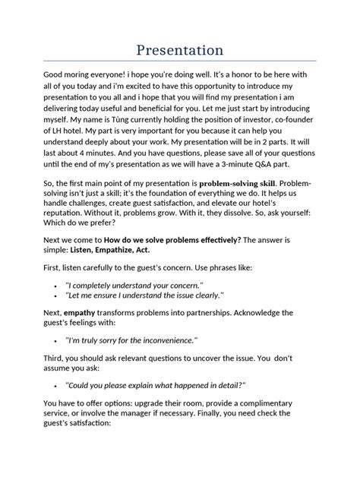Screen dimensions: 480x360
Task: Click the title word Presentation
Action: [180, 49]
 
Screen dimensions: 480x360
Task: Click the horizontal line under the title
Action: [180, 61]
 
